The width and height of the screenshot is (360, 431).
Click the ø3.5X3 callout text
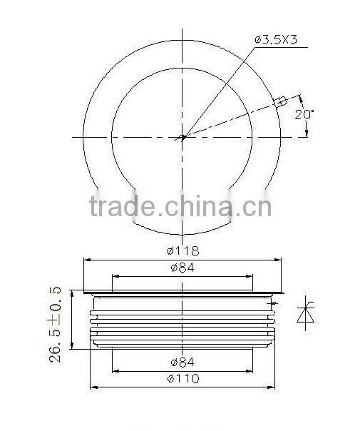280,40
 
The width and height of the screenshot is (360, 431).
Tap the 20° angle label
304,114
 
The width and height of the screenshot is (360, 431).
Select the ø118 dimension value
182,250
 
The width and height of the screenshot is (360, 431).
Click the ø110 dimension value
182,379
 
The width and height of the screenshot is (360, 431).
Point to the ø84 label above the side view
182,268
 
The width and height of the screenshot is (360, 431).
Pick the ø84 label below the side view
182,362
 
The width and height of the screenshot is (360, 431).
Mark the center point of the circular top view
182,137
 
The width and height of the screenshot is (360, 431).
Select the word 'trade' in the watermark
122,206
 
